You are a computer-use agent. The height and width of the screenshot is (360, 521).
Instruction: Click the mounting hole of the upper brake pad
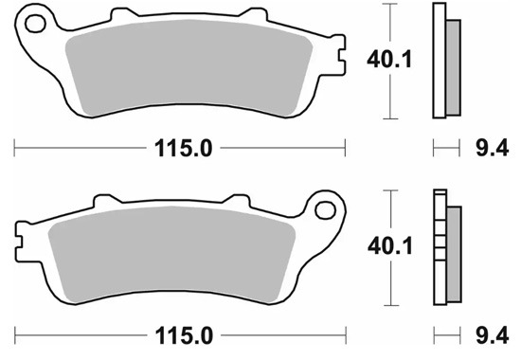click(x=35, y=24)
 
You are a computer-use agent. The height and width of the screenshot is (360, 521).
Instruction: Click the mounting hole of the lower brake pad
click(x=325, y=210)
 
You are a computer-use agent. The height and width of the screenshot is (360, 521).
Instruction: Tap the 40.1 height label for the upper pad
click(x=389, y=60)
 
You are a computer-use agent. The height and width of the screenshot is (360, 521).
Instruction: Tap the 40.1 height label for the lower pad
click(x=389, y=246)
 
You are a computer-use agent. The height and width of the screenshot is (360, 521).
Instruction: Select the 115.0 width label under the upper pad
click(x=184, y=148)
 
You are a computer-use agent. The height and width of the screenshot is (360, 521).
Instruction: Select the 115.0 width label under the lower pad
click(x=184, y=335)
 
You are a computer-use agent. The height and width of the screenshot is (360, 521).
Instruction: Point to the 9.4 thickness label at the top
click(x=492, y=148)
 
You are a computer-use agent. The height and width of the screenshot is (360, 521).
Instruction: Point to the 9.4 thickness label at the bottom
click(x=493, y=335)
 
